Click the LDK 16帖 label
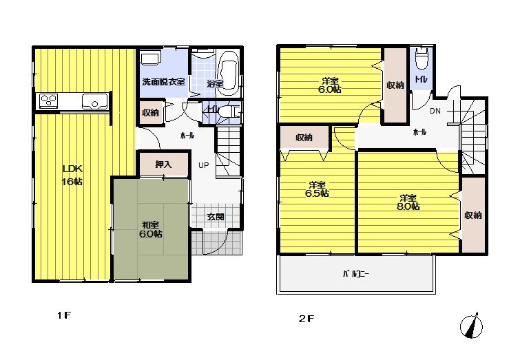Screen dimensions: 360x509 (x=73, y=176)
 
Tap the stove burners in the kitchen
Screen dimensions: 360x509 (x=48, y=101)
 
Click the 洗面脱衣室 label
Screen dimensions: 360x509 (x=163, y=82)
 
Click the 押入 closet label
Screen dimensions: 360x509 (x=163, y=165)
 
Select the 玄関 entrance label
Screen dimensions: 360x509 (x=216, y=217)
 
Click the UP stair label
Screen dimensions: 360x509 (x=205, y=165)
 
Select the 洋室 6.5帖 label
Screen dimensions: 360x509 (x=318, y=189)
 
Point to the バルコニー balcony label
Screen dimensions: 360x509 (x=356, y=274)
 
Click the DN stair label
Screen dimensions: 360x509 (x=435, y=111)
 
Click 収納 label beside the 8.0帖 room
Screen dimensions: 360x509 (x=472, y=215)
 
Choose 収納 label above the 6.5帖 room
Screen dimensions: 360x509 (x=304, y=138)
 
